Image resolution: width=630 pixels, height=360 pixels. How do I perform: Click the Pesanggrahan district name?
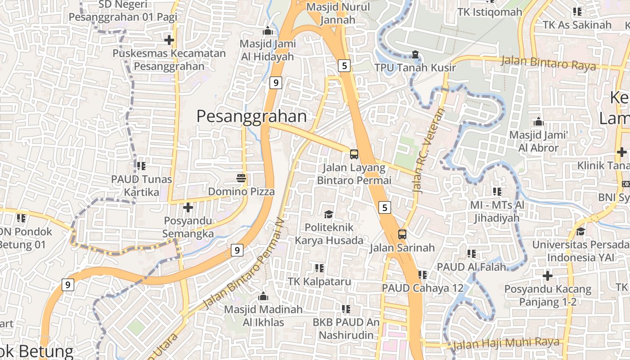(x=252, y=117)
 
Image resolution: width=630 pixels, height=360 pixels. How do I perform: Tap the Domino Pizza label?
(x=241, y=192)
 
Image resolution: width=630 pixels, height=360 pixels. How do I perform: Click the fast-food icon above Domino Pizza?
(x=241, y=178)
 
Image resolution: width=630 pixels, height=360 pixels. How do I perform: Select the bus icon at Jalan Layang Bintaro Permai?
(x=354, y=154)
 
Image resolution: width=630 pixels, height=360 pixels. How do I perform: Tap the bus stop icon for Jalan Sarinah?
(x=402, y=234)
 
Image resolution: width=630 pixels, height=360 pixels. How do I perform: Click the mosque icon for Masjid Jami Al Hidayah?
(x=268, y=31)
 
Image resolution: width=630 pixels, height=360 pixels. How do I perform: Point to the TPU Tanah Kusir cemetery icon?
(x=415, y=54)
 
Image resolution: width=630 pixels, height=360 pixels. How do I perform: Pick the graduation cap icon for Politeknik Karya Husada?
(x=328, y=214)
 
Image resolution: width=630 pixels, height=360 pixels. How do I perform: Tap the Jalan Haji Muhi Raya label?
(x=506, y=343)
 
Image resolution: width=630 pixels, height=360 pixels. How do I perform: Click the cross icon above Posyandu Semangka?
(x=188, y=207)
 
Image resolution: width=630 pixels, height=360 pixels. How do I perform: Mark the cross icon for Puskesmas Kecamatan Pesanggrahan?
(x=169, y=40)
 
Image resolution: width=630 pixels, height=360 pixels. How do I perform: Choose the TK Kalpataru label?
(x=319, y=282)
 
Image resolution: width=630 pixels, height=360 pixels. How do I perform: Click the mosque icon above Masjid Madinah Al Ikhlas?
(x=263, y=297)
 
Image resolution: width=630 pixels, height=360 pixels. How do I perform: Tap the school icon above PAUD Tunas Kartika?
(x=141, y=166)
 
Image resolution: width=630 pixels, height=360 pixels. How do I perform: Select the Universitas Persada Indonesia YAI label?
(x=580, y=251)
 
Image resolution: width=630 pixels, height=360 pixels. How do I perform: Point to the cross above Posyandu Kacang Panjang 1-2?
(x=548, y=275)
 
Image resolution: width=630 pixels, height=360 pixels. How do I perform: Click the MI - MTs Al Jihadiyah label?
(x=497, y=211)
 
